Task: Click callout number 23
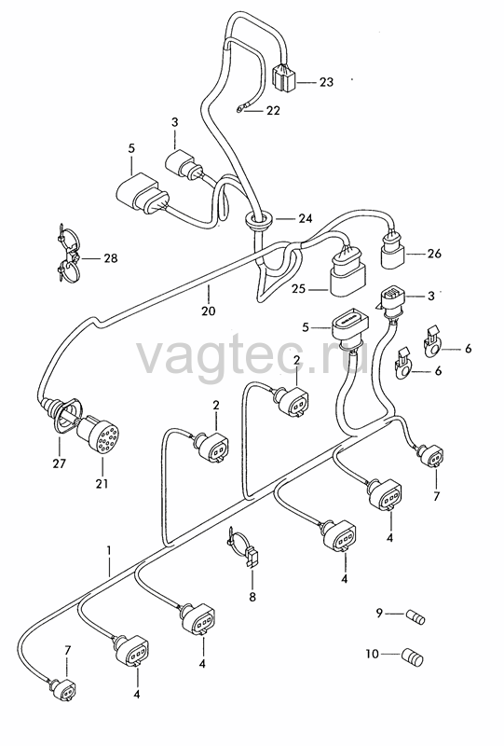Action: [x=326, y=82]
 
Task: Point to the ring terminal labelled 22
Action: [x=239, y=110]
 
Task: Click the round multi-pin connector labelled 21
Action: [x=98, y=434]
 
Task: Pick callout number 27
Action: [x=60, y=463]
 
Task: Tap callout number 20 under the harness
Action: [x=209, y=311]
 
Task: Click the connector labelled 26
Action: [x=394, y=252]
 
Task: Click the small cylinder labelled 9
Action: [x=415, y=617]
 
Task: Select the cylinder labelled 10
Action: [x=412, y=657]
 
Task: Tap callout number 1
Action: [x=109, y=550]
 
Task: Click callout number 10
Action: [x=373, y=655]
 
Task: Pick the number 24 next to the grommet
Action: [x=306, y=219]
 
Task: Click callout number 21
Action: [x=102, y=484]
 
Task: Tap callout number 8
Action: [x=252, y=596]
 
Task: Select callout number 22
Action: [x=273, y=110]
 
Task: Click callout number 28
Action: [x=110, y=258]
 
